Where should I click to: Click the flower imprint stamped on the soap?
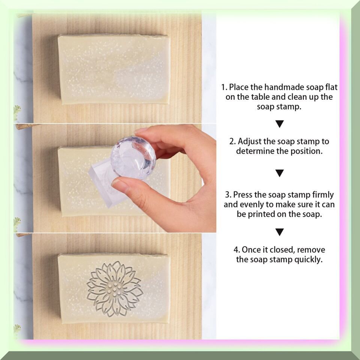click(x=115, y=289)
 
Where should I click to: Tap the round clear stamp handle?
click(x=133, y=158)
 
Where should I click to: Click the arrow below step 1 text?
click(x=279, y=124)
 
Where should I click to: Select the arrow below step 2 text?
click(x=279, y=173)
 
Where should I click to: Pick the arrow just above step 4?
click(x=279, y=232)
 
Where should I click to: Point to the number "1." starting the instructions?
click(x=224, y=87)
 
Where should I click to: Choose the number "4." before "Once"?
click(x=237, y=250)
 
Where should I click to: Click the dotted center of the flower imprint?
click(x=115, y=290)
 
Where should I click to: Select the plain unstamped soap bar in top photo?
click(x=114, y=69)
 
